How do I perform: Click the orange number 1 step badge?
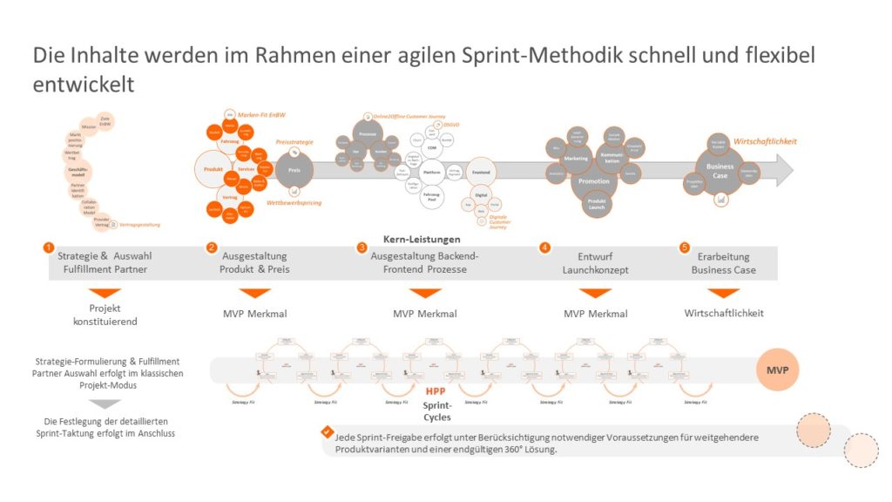(x=49, y=248)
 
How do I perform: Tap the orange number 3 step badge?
(x=362, y=248)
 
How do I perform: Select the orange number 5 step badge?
(x=684, y=248)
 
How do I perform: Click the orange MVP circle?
(x=775, y=369)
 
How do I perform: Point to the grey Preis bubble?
(x=294, y=171)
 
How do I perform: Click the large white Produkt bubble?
(x=214, y=169)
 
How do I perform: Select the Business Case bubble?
(x=720, y=170)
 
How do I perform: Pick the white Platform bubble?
(x=432, y=173)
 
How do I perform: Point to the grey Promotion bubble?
(x=594, y=181)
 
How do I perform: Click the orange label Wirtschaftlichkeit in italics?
(x=766, y=141)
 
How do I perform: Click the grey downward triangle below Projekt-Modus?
(x=105, y=404)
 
